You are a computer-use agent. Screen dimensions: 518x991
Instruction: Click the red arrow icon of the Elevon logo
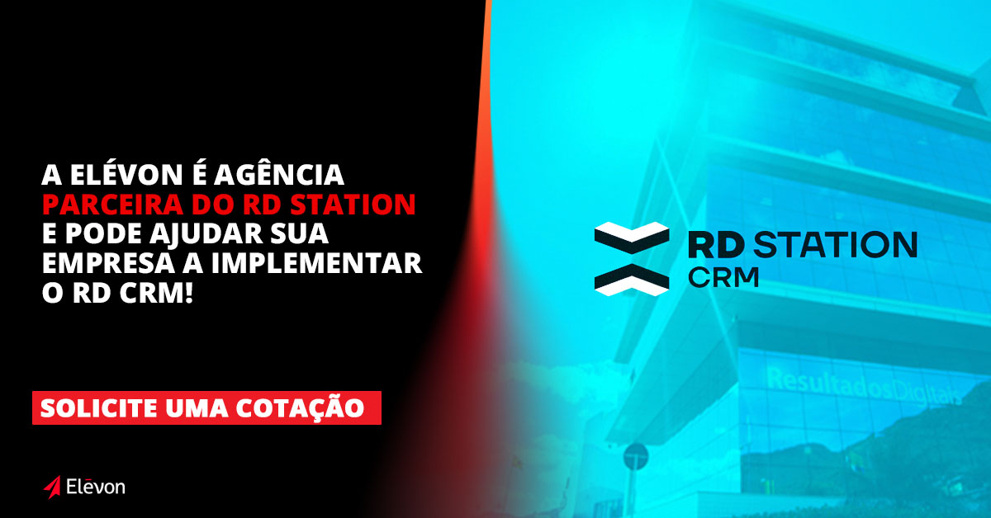[x=51, y=487]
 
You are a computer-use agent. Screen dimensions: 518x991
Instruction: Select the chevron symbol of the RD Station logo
[x=632, y=258]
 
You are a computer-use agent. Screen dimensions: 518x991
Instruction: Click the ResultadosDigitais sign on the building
[x=863, y=386]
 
